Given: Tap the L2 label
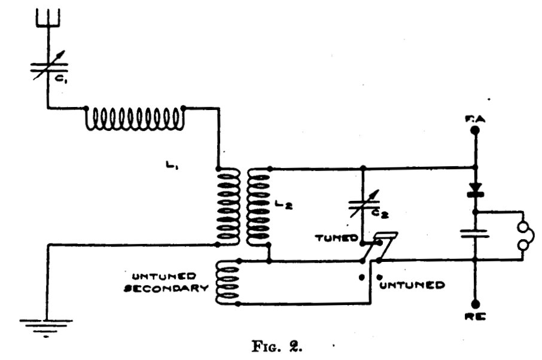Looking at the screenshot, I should pyautogui.click(x=284, y=205).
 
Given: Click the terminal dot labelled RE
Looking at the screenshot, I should pyautogui.click(x=476, y=304).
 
